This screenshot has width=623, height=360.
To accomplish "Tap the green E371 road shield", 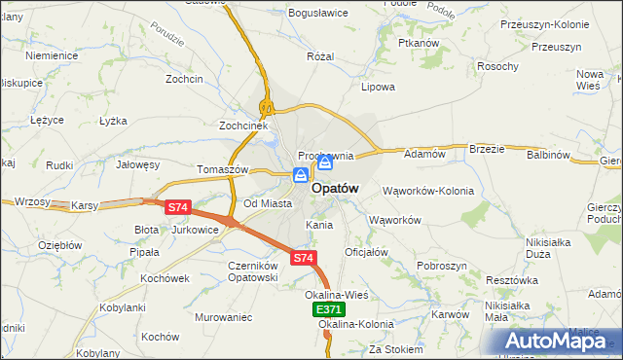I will click(329, 308).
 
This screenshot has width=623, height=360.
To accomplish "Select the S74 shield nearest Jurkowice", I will click(177, 207).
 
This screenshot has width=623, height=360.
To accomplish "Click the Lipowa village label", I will click(378, 87).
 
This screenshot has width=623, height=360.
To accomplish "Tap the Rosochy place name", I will click(496, 66).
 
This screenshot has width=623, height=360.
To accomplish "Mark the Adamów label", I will click(424, 154).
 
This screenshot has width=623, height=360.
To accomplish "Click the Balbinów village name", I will click(548, 155).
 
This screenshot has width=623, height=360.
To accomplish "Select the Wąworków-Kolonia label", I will click(428, 191).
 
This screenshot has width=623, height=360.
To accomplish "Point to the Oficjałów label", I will click(367, 252).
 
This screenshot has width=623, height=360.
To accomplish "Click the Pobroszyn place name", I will click(443, 266).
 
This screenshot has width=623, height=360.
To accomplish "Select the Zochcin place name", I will click(184, 78).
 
